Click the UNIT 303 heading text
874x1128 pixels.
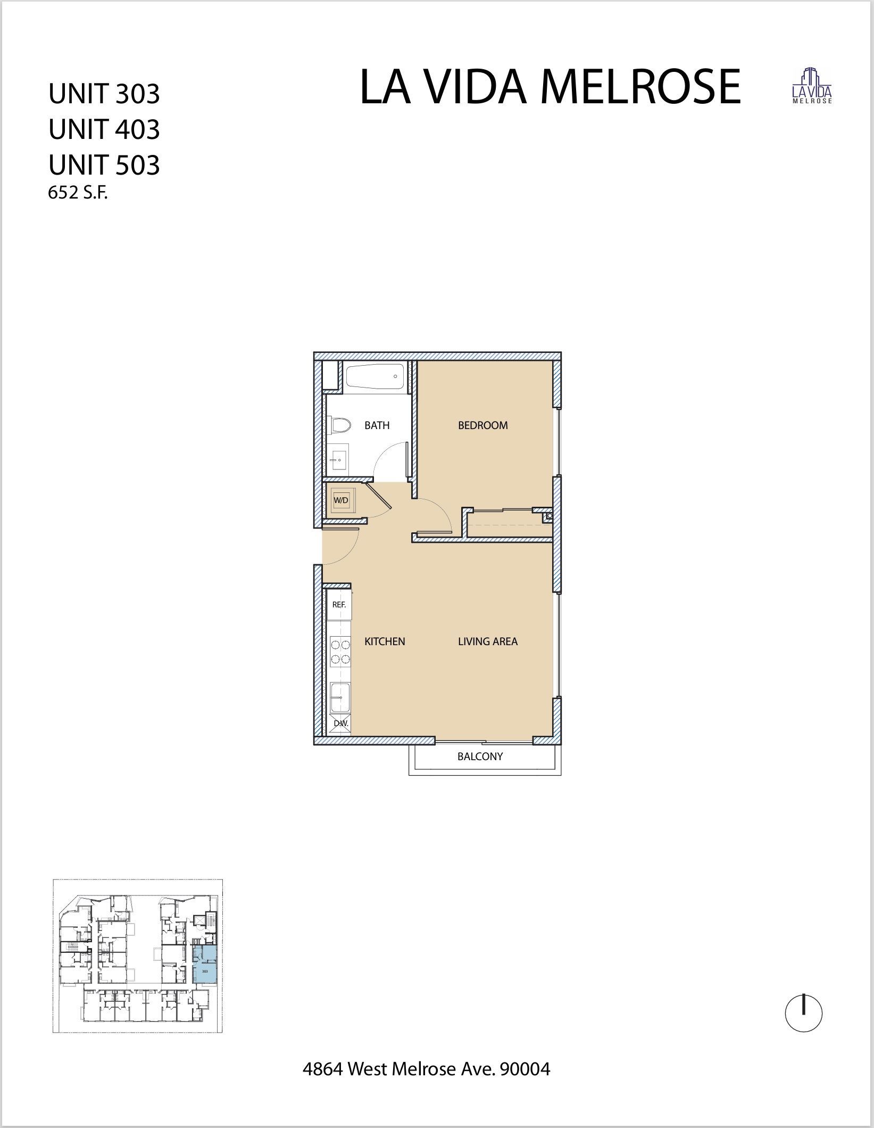point(104,94)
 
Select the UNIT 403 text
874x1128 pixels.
point(104,129)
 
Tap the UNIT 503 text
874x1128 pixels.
point(104,165)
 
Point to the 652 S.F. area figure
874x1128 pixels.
point(78,193)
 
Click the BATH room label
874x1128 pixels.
point(377,425)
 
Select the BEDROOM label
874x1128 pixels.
point(482,425)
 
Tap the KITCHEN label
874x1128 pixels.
point(385,641)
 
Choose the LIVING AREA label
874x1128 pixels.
point(487,641)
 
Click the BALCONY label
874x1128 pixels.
point(480,756)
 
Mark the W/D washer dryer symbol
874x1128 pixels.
point(341,500)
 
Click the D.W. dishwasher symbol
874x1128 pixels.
point(340,724)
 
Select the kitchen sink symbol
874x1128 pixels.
point(339,697)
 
